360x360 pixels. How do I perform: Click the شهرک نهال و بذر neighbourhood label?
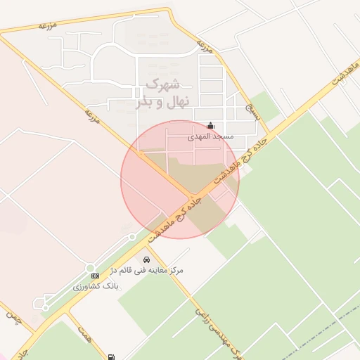pos(161,93)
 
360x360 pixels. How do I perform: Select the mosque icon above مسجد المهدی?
pos(210,127)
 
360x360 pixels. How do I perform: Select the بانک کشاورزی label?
pos(97,287)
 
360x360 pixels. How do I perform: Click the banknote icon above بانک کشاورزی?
pos(95,276)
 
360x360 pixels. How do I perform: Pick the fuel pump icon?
pos(112,356)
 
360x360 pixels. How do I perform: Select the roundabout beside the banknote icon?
pos(91,267)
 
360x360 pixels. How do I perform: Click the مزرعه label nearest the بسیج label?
pos(204,46)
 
